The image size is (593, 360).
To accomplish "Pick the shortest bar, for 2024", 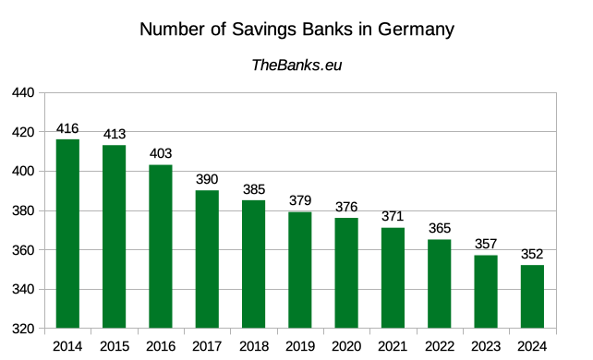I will click(x=532, y=296).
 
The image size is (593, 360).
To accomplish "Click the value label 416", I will click(x=67, y=129).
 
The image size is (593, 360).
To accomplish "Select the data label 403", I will click(x=161, y=154).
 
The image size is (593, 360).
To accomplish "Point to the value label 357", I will click(x=486, y=245).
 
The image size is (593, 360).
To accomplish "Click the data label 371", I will click(x=393, y=217).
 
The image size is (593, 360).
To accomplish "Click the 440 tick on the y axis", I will click(x=23, y=93).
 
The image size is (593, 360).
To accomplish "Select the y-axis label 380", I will click(x=23, y=211).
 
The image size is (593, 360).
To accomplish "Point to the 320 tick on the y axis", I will click(x=23, y=329).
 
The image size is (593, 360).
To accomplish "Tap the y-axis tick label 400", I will click(x=23, y=172).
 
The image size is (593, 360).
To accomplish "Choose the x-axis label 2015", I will click(x=114, y=346).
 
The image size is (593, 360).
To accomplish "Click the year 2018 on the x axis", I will click(x=253, y=346).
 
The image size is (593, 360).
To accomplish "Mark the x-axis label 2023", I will click(x=486, y=346).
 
